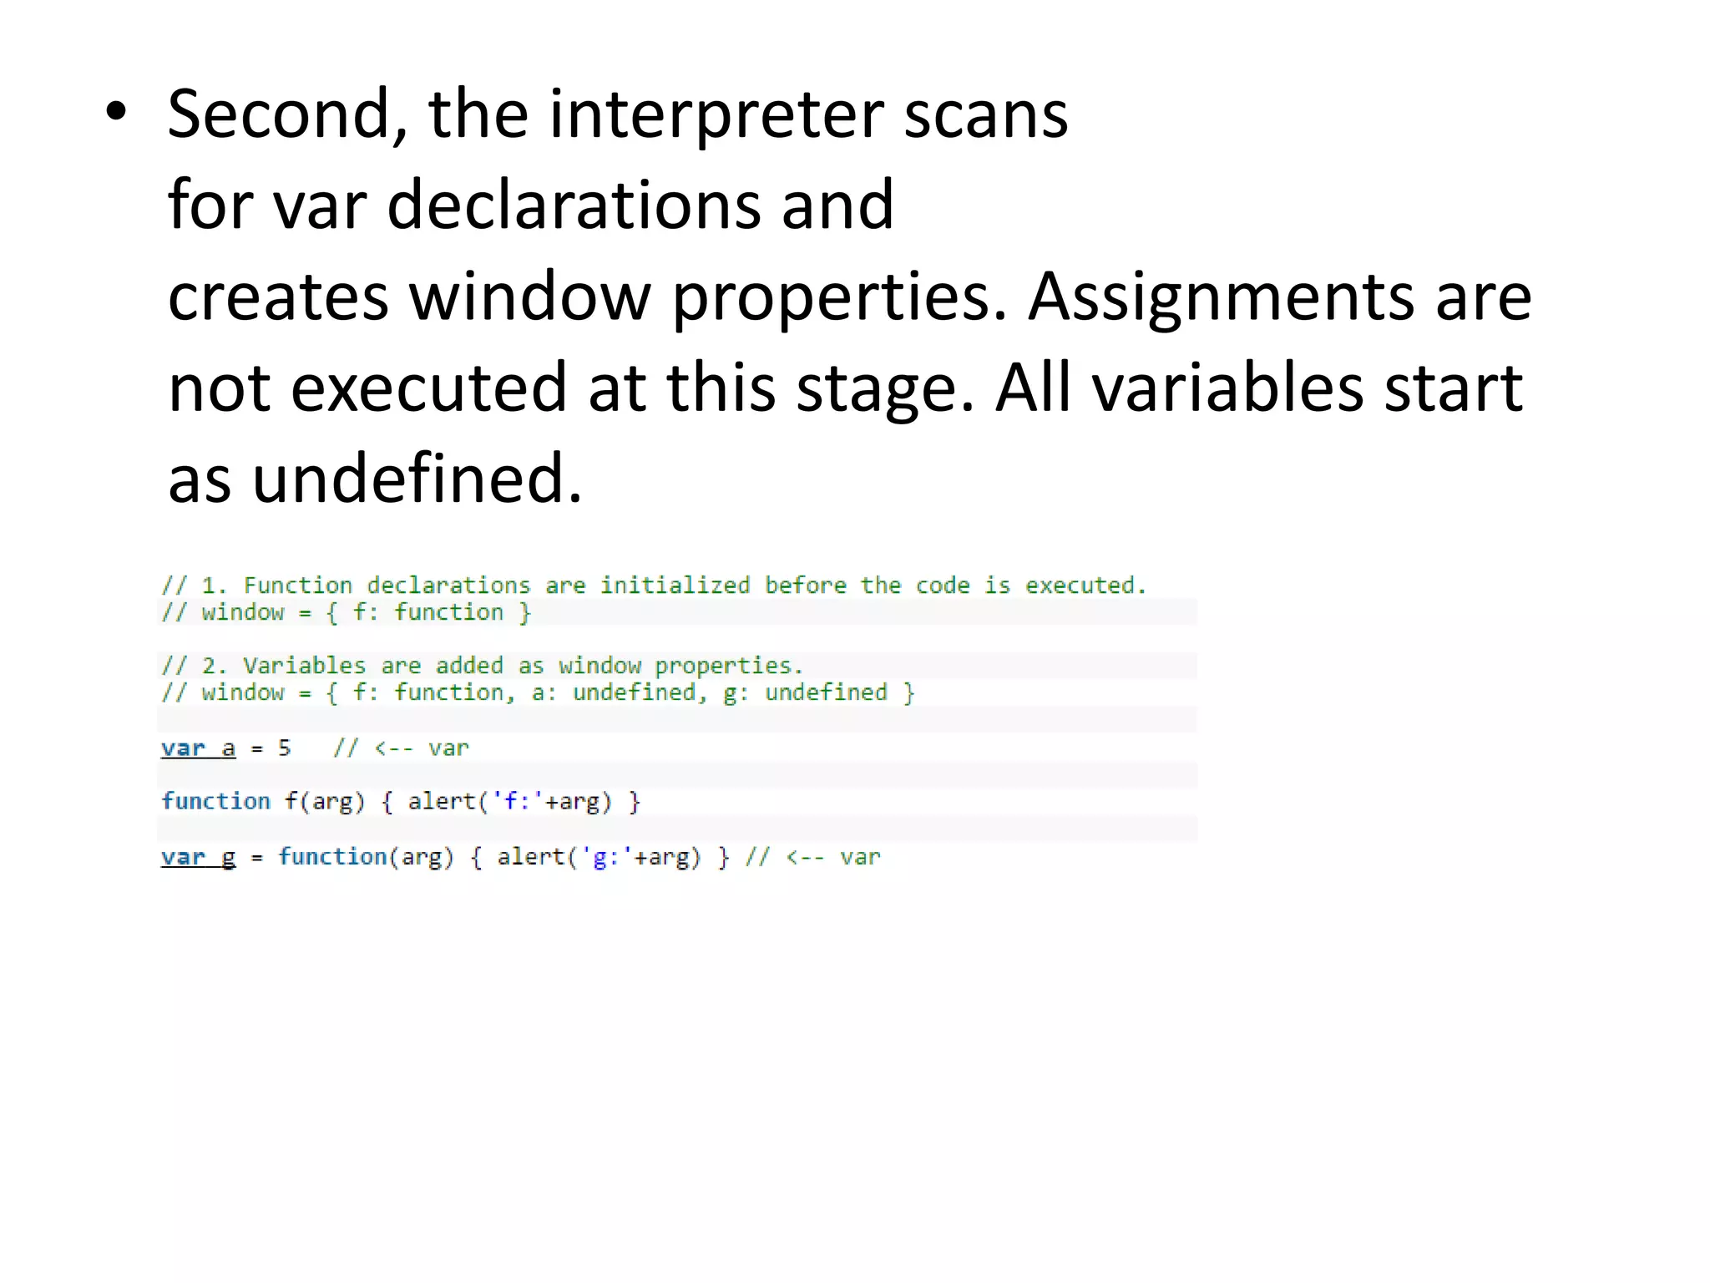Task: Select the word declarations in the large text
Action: point(574,205)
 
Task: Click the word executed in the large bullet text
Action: point(429,388)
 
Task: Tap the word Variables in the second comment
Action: point(304,666)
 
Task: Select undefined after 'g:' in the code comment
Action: point(826,692)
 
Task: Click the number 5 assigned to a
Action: point(285,748)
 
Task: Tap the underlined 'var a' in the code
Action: point(198,748)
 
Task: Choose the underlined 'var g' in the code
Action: point(198,857)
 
